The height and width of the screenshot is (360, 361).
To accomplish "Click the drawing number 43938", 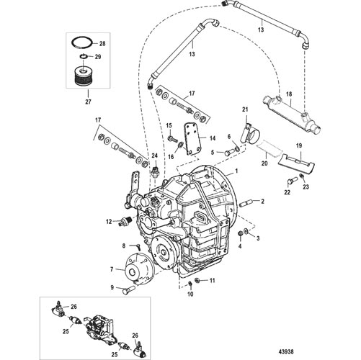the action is (287, 352).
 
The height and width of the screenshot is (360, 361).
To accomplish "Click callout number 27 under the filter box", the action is (88, 102).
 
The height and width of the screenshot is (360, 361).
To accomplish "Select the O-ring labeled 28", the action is (81, 42).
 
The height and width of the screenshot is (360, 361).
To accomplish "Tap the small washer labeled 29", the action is (83, 57).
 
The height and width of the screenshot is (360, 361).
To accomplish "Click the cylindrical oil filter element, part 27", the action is (83, 76).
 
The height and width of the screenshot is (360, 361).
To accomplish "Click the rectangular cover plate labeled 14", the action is (193, 140).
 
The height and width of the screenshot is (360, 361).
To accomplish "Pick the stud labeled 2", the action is (246, 204).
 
